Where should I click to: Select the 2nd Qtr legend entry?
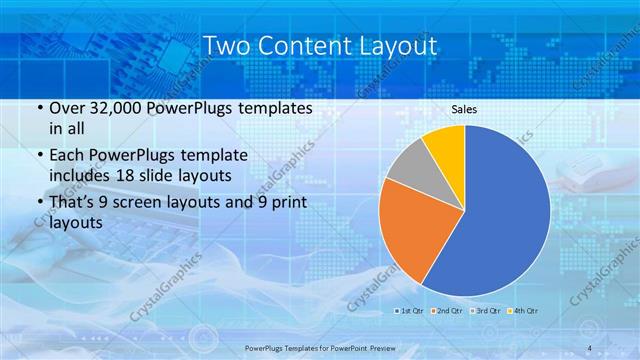(x=447, y=311)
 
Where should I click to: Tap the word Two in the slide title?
(x=225, y=46)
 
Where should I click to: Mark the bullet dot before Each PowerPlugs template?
(x=38, y=157)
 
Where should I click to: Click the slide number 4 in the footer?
(x=589, y=348)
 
